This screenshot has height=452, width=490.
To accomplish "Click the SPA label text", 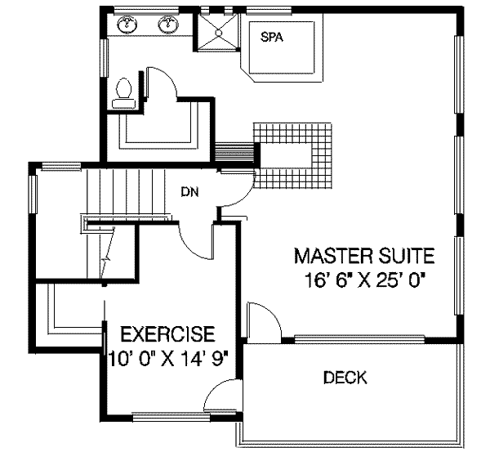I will [271, 37].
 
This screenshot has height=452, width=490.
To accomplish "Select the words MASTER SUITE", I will [364, 255].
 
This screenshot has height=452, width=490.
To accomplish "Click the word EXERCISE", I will [167, 333].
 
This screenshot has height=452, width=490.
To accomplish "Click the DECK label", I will [345, 378].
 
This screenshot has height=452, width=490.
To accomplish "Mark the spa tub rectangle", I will [277, 48].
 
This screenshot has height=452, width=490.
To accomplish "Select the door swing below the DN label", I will [196, 237].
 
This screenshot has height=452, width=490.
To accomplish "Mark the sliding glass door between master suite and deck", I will [359, 338].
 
